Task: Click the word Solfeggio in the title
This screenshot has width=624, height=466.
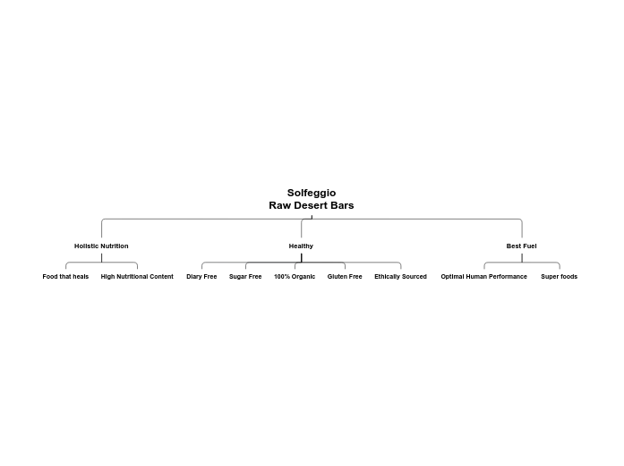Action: click(312, 193)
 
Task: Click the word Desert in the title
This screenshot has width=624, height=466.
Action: click(312, 205)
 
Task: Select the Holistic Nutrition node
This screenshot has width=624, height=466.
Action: click(101, 246)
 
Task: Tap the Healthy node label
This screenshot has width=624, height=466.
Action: click(301, 246)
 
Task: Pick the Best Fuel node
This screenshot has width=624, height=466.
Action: click(521, 246)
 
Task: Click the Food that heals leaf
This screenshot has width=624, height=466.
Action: click(65, 277)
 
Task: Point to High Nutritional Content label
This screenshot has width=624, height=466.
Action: click(137, 277)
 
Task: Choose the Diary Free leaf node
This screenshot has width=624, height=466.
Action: click(201, 277)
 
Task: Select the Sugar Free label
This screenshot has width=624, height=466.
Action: click(245, 277)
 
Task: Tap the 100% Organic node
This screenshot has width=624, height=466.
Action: click(295, 277)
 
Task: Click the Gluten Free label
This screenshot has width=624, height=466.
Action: click(345, 277)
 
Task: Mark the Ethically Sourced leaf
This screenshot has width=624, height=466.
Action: click(400, 277)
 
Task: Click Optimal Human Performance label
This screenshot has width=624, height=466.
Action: click(483, 277)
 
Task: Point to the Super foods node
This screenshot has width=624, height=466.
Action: click(559, 277)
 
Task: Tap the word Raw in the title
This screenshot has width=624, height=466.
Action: click(279, 205)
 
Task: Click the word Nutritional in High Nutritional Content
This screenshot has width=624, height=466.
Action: click(132, 277)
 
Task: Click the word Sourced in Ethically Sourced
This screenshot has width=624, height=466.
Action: click(414, 277)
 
